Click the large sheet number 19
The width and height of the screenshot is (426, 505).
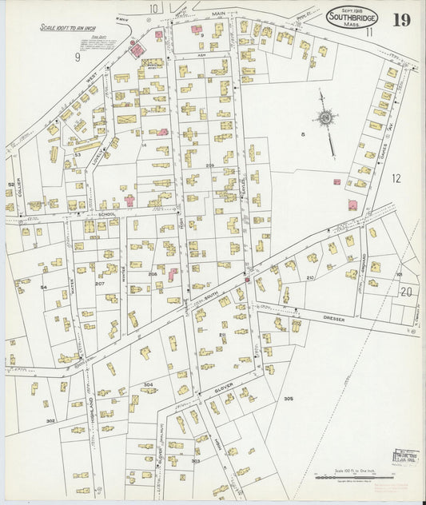tap(401, 19)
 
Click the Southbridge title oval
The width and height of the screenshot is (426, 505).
tap(352, 17)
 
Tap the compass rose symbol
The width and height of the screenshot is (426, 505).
tap(326, 119)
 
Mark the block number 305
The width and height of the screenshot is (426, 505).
tap(289, 398)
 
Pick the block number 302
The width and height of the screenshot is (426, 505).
tap(50, 420)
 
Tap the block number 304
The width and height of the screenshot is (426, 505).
tap(148, 384)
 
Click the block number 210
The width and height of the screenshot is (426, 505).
tap(310, 277)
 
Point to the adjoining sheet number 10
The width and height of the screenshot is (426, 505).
tap(153, 8)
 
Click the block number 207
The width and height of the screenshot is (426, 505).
tap(100, 284)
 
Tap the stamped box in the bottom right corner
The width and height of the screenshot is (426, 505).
tap(404, 458)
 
